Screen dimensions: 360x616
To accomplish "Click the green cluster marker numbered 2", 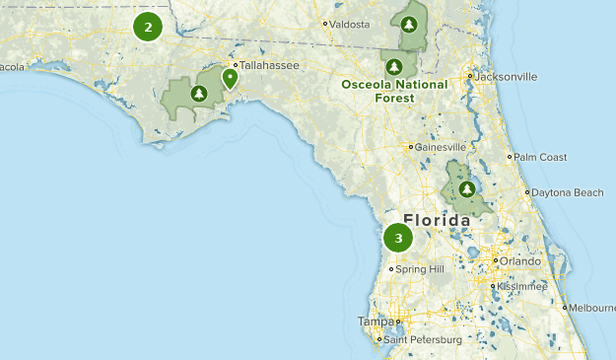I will coord(148,27).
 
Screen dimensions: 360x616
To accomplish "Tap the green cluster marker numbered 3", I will coord(398,238).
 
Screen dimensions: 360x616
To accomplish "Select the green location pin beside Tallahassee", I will coord(230,78).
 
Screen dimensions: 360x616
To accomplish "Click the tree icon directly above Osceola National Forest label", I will coord(395,66).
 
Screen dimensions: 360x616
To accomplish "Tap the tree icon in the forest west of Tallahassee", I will coord(199,94).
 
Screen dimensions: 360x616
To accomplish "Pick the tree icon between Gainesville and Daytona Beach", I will coord(464,187).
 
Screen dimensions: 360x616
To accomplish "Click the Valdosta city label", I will coord(350,24).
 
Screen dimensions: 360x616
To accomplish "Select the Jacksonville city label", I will coord(507,76).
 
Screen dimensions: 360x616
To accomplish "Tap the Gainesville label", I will coord(440,148).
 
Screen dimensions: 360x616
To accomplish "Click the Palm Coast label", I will coord(539,157).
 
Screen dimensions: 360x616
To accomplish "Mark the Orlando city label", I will coord(519,261).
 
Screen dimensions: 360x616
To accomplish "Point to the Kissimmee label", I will coord(521,286).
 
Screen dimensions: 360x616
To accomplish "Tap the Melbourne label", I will coord(591,308).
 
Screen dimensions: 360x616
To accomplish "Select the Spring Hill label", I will coord(421,268).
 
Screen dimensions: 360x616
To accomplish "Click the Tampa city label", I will coord(376,321).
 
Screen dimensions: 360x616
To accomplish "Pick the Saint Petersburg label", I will coord(423,340).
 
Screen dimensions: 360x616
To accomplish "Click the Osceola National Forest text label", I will coord(394,91).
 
